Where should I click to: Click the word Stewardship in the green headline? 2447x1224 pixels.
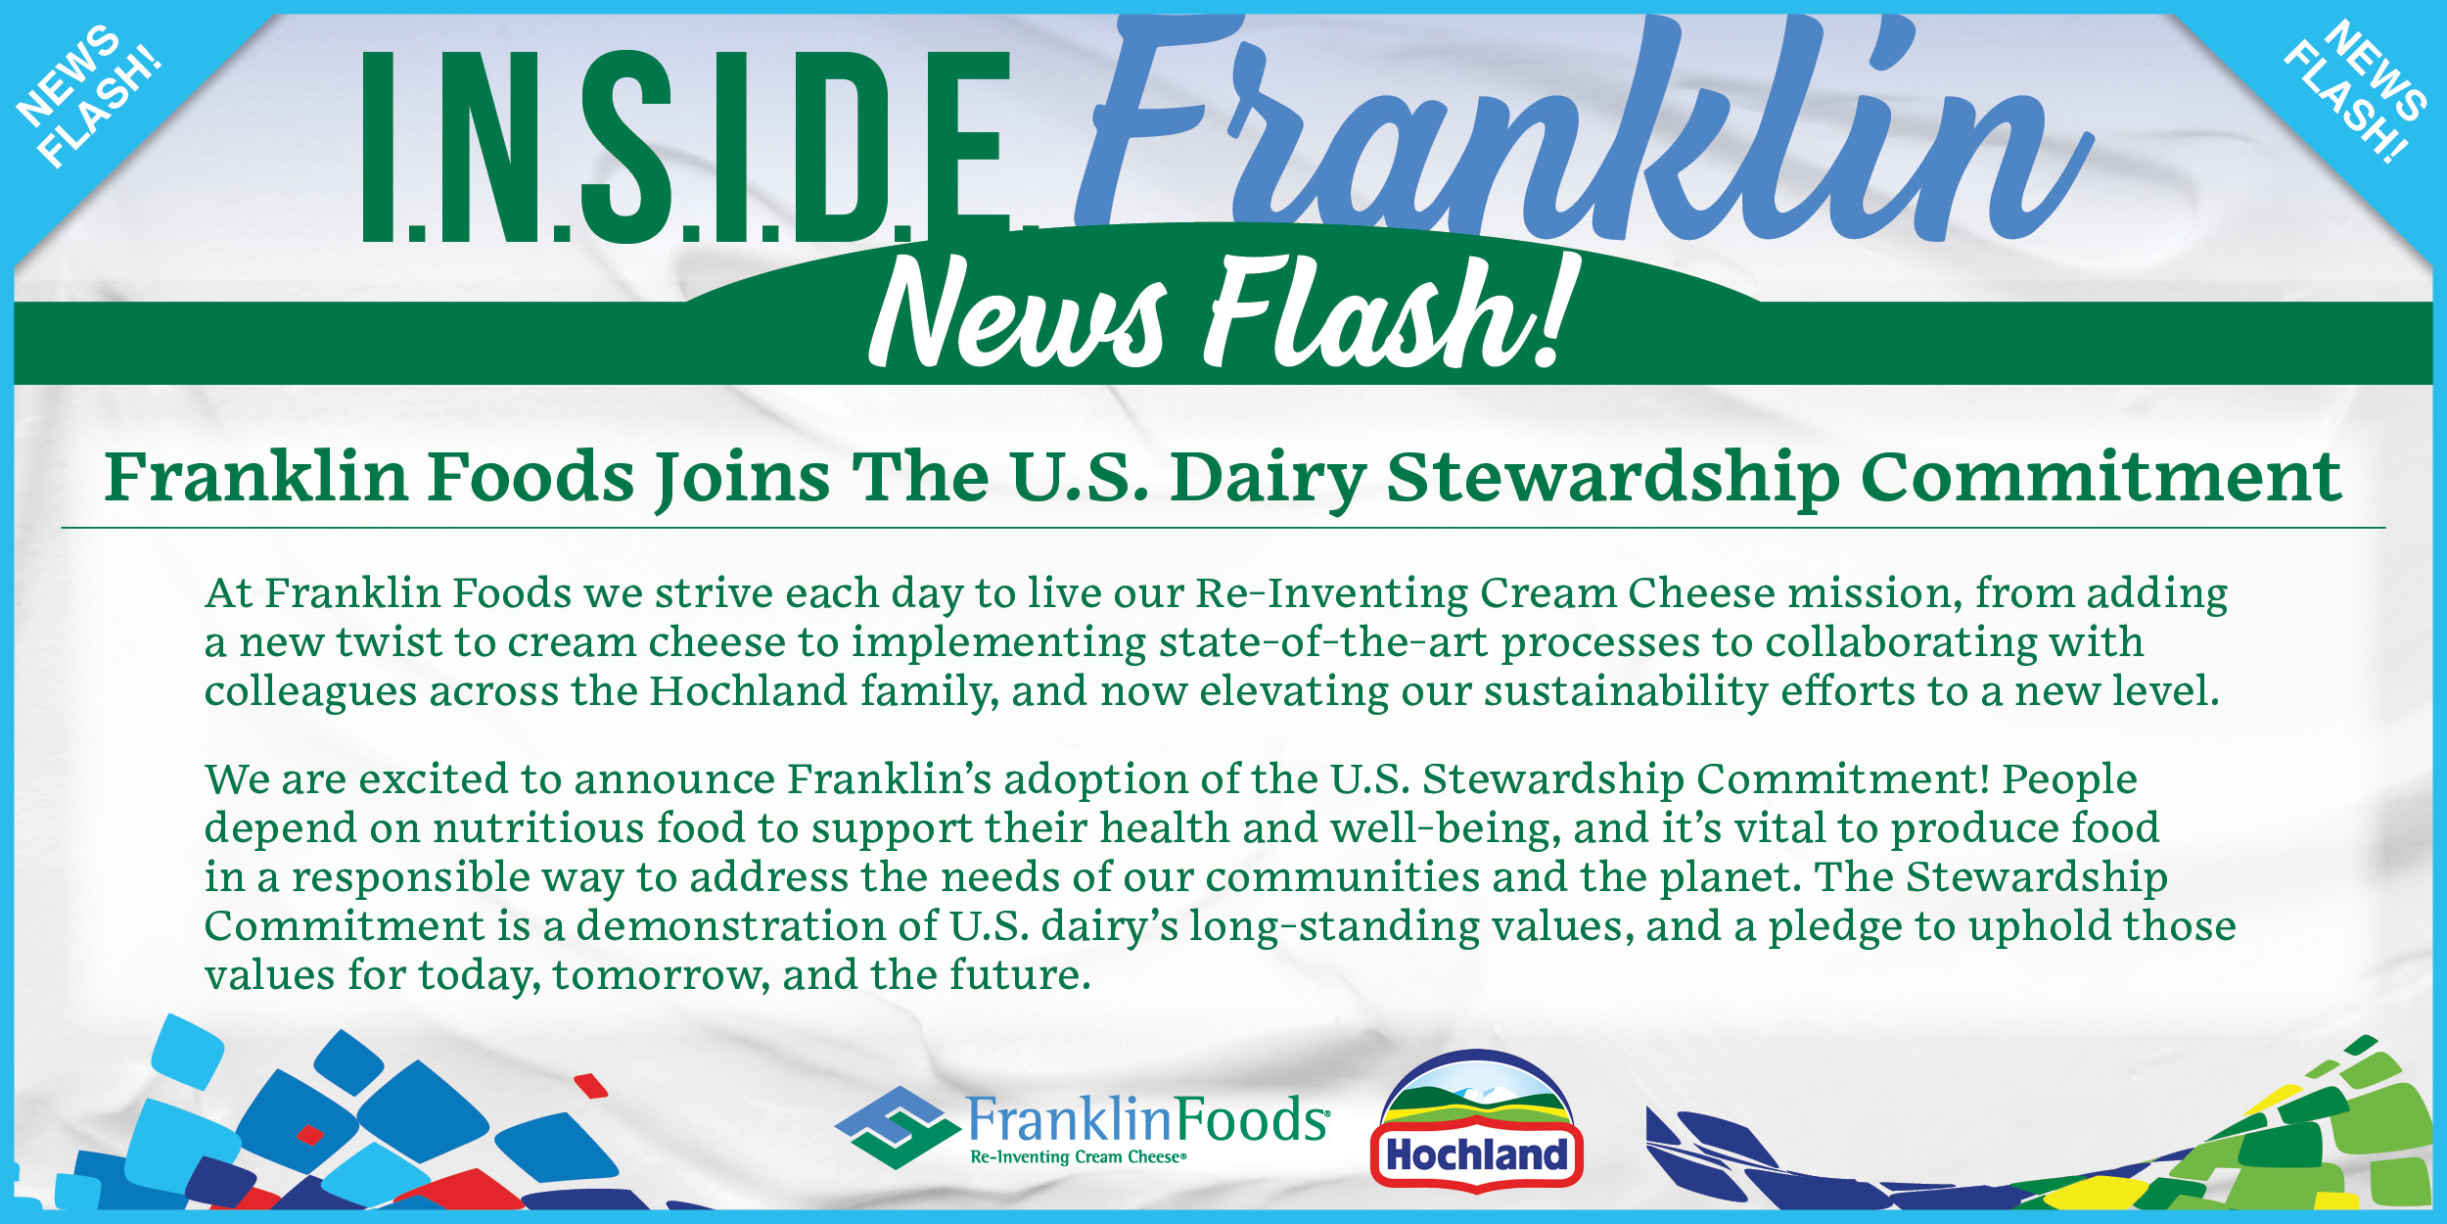click(1613, 479)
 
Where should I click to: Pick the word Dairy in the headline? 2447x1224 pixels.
click(1269, 479)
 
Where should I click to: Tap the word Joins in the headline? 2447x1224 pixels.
click(743, 479)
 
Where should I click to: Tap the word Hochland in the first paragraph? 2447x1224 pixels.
click(749, 690)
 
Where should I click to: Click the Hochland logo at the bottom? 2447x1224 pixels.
click(1477, 1122)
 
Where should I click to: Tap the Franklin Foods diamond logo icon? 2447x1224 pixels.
click(898, 1127)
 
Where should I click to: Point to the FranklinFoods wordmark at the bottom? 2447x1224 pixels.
click(1149, 1119)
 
